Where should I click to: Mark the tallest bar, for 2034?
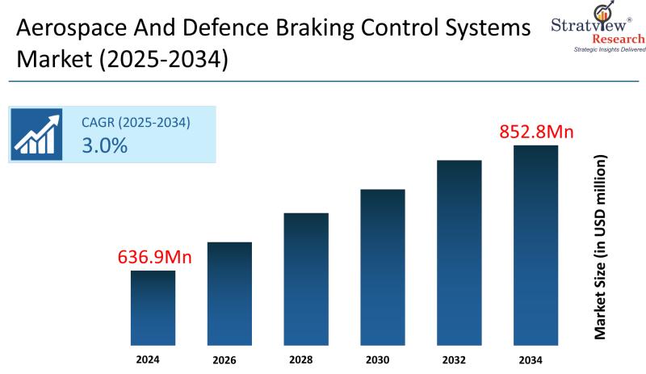[536, 242]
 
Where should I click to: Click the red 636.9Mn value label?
[154, 258]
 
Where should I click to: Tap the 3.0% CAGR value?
[104, 145]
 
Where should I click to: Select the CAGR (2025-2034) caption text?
[136, 123]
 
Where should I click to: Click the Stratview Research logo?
[598, 29]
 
